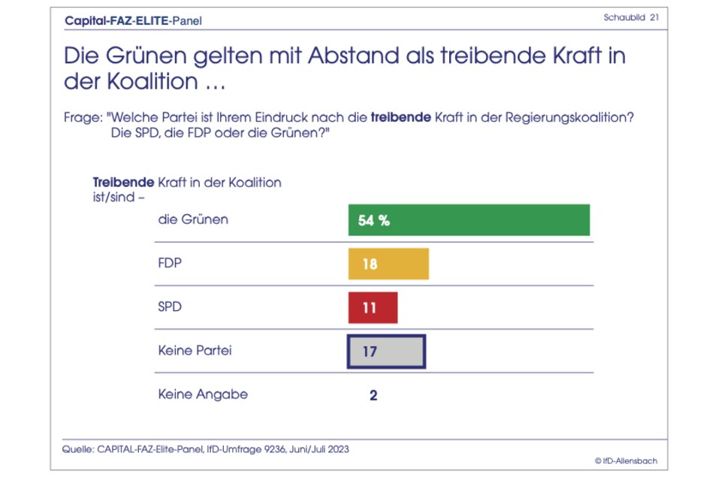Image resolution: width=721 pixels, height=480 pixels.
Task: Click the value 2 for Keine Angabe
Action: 373,395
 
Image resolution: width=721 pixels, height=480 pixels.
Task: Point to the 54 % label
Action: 374,221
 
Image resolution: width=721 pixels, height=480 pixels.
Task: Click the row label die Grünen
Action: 193,220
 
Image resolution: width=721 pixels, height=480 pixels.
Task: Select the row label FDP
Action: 170,264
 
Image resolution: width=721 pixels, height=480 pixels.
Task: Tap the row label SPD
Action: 170,307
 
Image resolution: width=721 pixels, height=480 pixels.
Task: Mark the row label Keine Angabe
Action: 203,394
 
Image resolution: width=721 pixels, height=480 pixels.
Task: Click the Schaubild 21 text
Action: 631,17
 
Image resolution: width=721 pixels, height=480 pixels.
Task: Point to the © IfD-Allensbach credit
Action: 625,460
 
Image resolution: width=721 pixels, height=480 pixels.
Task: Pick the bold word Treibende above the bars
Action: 123,183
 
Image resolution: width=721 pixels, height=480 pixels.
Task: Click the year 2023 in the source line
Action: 336,449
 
